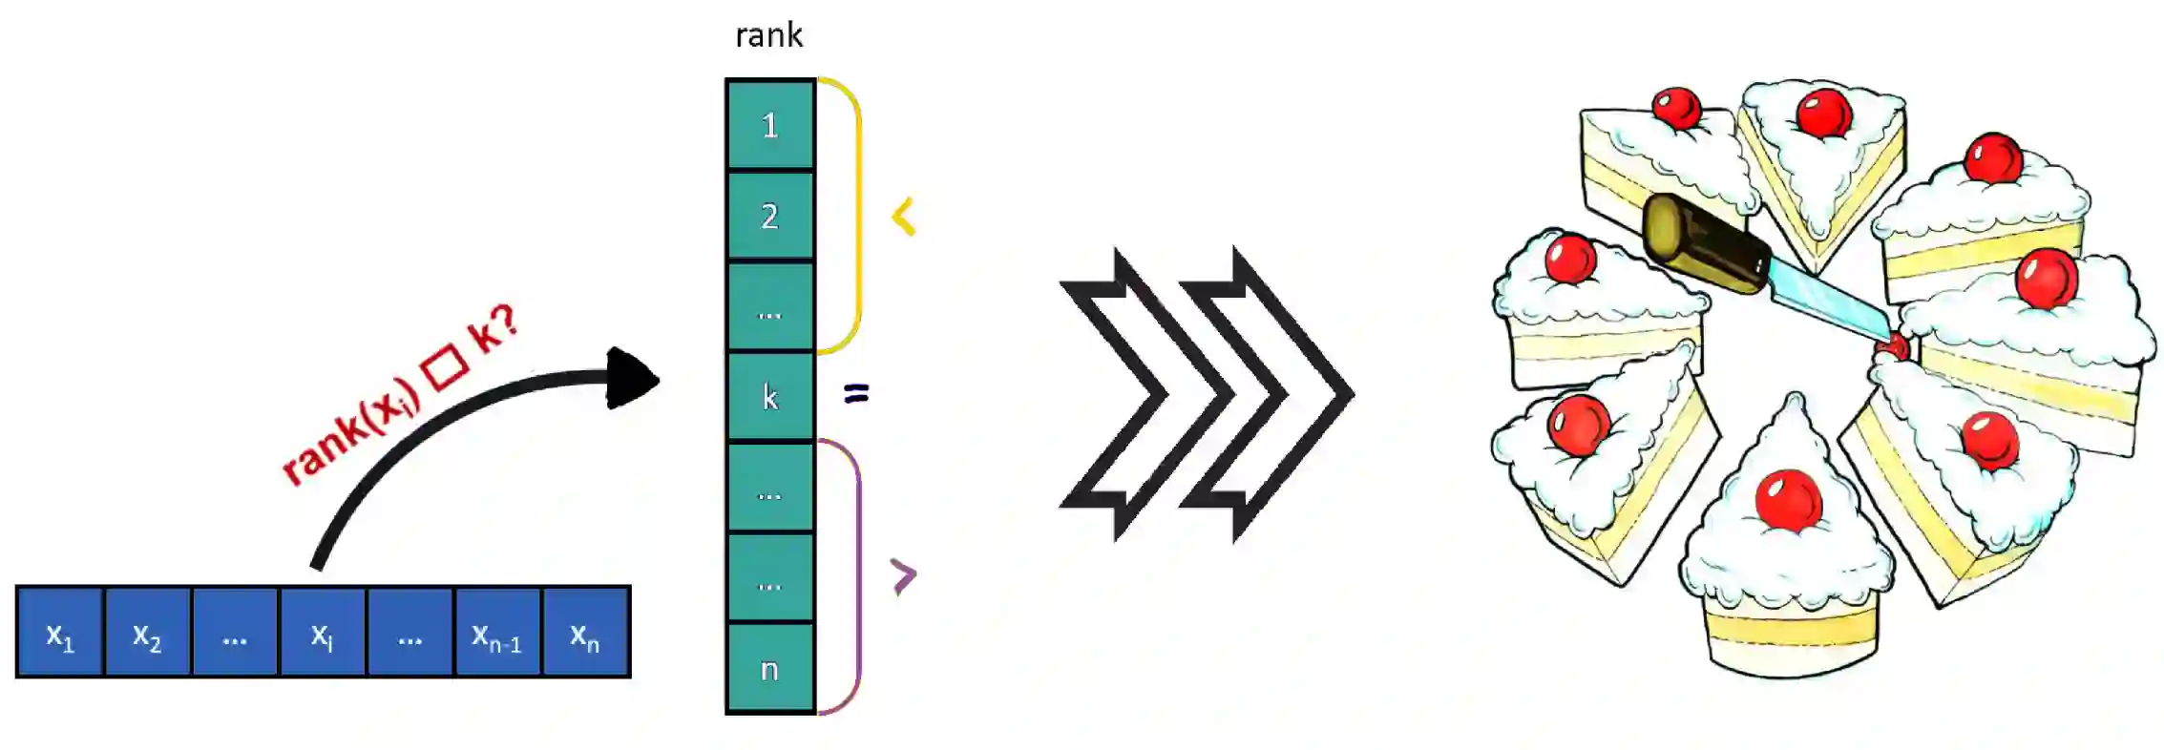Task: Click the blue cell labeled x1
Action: click(59, 633)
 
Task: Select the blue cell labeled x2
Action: click(147, 633)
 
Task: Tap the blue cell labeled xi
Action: click(323, 633)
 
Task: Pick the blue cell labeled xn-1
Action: click(497, 633)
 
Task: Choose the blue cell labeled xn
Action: click(585, 633)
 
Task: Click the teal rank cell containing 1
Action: click(769, 125)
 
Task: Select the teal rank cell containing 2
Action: click(769, 216)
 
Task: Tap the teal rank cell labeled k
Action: click(769, 396)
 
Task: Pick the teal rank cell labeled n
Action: click(769, 668)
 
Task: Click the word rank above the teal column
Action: click(768, 36)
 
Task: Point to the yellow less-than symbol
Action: click(903, 217)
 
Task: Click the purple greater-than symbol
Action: click(903, 575)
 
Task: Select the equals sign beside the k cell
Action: click(857, 392)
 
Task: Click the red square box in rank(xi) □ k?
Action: click(447, 367)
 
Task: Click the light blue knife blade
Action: click(1828, 301)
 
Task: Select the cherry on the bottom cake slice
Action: click(1788, 499)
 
